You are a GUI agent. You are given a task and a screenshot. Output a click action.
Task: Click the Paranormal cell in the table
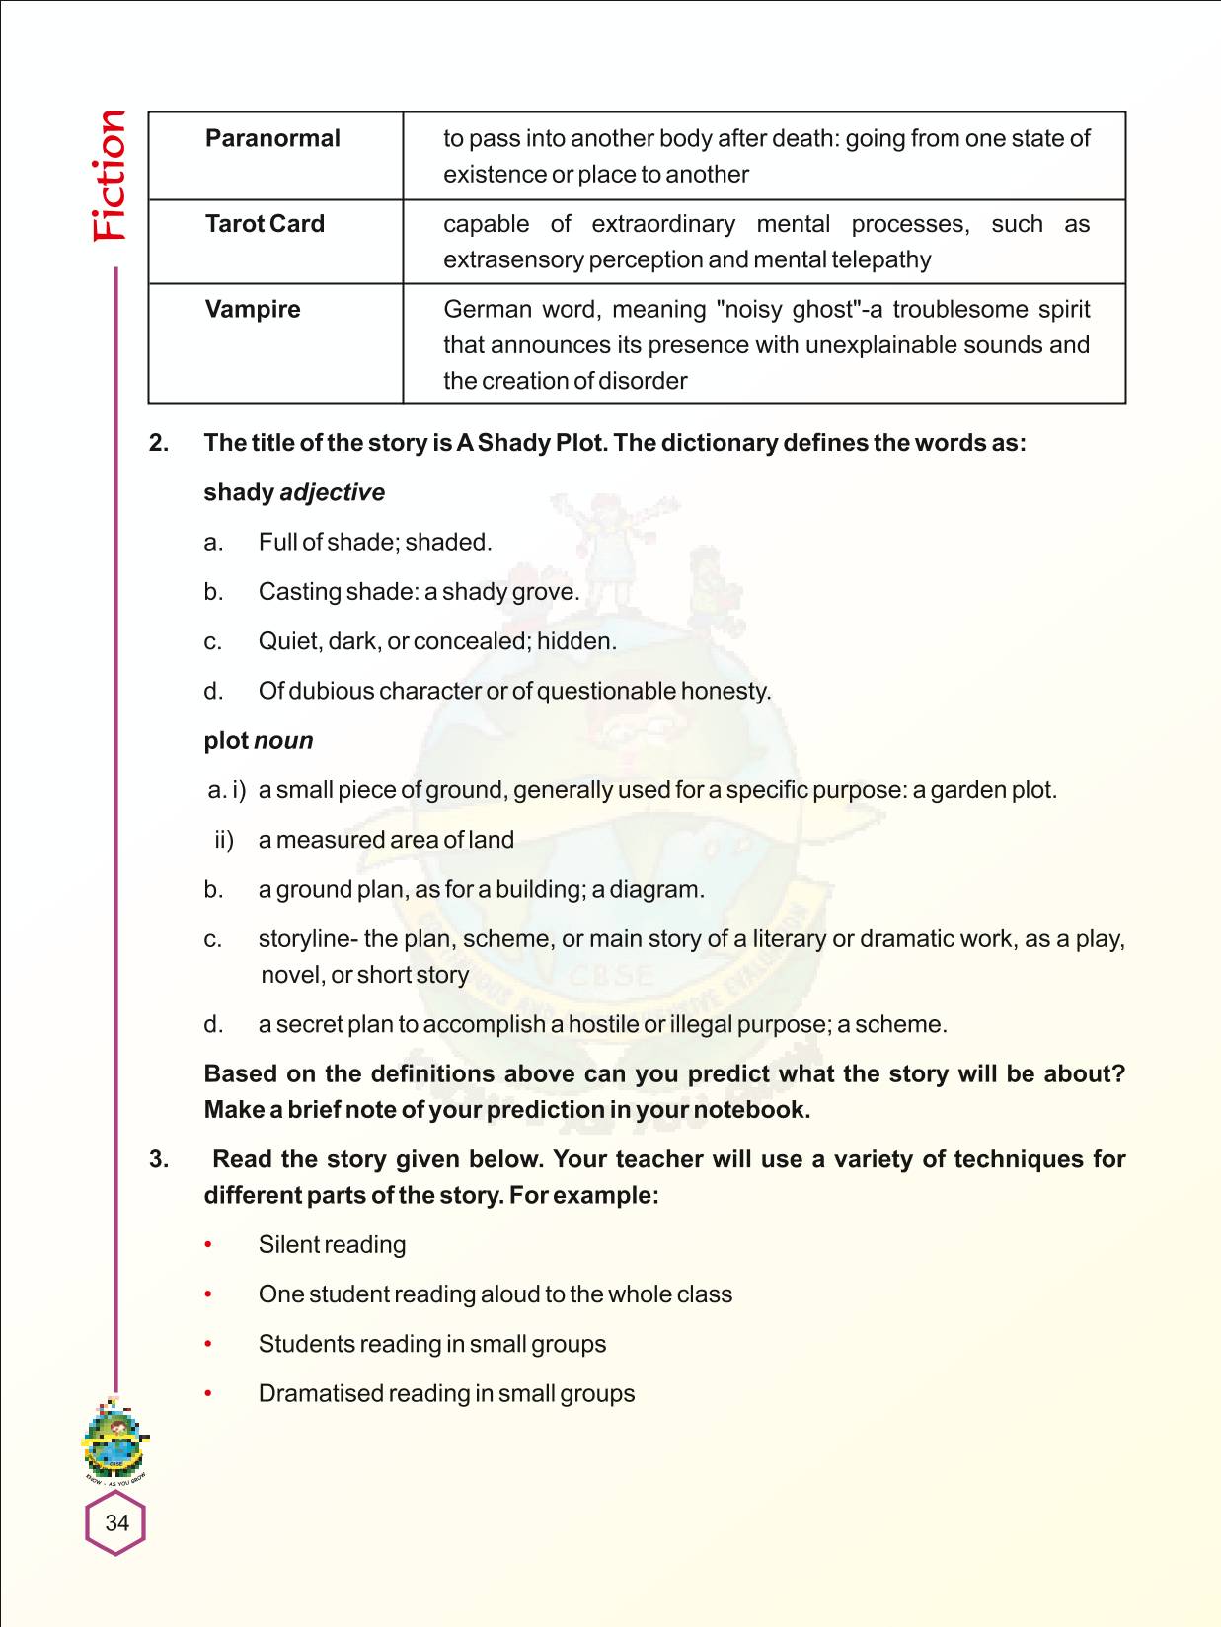pos(272,138)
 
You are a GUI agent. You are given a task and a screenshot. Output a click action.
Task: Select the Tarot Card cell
pos(265,224)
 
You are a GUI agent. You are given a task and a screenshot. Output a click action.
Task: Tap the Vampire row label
pos(253,309)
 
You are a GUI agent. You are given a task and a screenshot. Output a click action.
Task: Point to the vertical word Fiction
pos(110,176)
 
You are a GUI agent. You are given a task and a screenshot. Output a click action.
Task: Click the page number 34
pos(116,1522)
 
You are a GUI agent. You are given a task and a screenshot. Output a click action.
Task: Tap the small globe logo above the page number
pos(115,1441)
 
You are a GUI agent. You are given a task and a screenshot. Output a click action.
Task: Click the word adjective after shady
pos(333,492)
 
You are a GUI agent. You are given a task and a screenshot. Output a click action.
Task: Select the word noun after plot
pos(283,740)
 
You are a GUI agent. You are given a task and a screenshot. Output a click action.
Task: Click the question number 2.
pos(158,443)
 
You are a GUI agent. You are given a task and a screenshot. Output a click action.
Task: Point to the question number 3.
pos(158,1159)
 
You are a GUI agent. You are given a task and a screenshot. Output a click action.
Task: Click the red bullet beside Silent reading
pos(208,1245)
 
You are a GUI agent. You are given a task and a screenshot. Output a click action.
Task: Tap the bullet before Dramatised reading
pos(208,1394)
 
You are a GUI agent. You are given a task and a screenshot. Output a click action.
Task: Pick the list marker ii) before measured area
pos(224,840)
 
